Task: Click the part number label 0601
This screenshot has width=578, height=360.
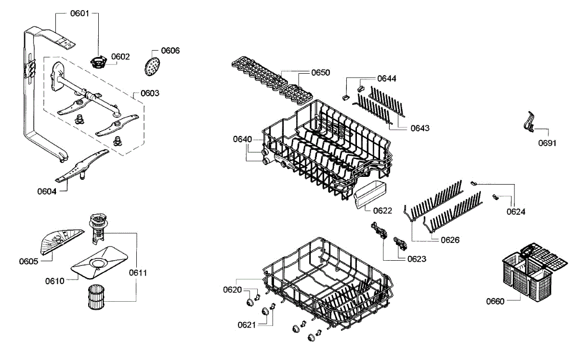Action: (x=79, y=13)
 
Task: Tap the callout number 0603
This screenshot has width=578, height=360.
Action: (x=150, y=93)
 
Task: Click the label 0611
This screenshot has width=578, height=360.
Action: (x=138, y=273)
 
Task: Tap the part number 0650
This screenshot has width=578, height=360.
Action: (x=320, y=73)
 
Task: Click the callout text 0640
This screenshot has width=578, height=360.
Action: (x=242, y=139)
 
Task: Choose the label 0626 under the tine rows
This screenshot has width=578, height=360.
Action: (x=450, y=240)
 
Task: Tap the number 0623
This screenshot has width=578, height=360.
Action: (x=417, y=259)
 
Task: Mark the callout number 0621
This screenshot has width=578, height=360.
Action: (x=247, y=324)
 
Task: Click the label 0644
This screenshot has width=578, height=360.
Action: (x=387, y=78)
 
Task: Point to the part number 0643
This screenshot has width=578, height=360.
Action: (x=420, y=128)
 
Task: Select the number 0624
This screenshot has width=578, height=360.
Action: (x=516, y=211)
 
